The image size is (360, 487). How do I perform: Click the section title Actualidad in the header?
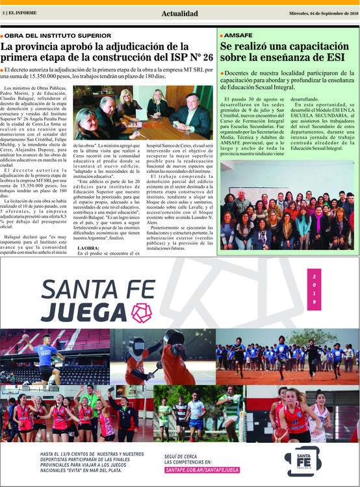pyautogui.click(x=179, y=13)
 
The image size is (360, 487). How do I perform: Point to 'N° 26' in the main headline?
pyautogui.click(x=194, y=58)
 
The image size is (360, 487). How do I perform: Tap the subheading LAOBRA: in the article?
pyautogui.click(x=88, y=249)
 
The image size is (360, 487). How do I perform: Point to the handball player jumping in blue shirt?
pyautogui.click(x=45, y=355)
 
